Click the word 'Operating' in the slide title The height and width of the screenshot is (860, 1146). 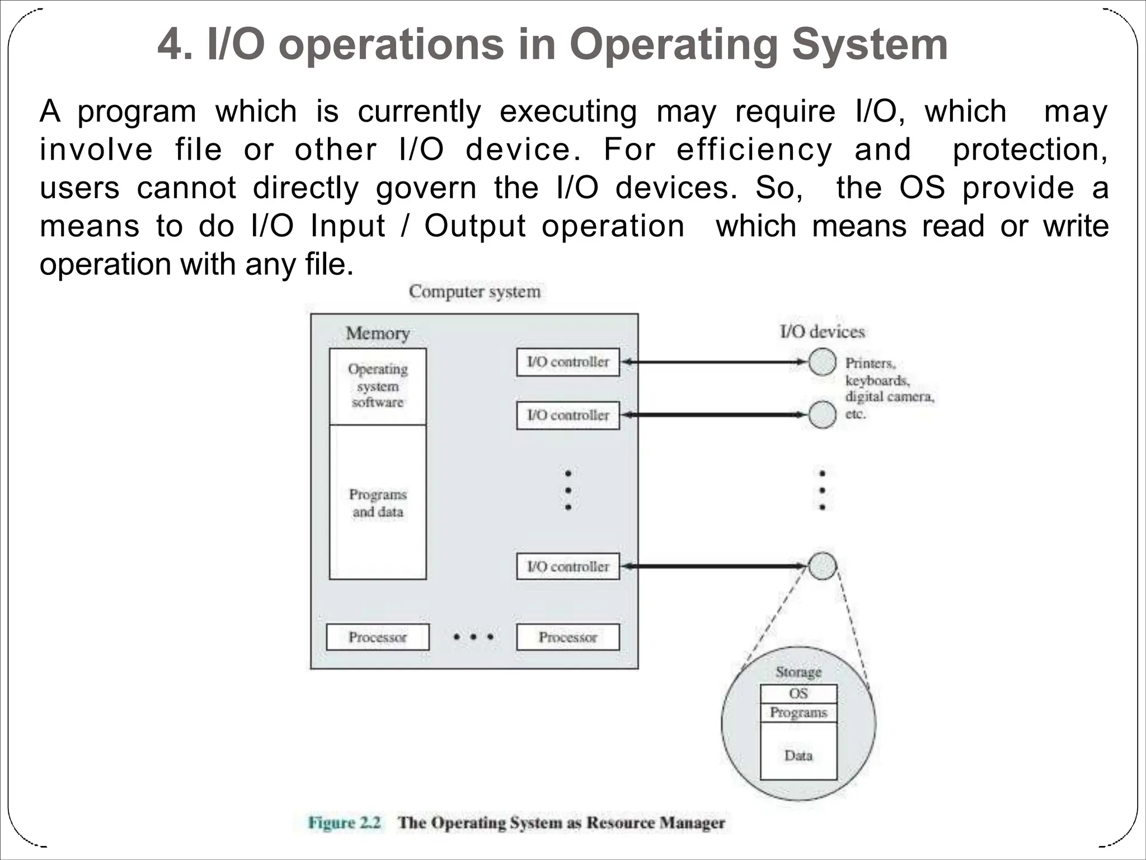(674, 45)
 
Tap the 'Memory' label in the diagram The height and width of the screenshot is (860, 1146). (378, 333)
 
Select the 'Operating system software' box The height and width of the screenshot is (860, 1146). (378, 386)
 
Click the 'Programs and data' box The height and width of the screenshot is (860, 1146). (378, 502)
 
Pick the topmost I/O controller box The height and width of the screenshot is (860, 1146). (568, 362)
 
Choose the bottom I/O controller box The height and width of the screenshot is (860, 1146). (568, 567)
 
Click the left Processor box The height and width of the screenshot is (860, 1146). (378, 637)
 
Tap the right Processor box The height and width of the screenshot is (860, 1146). (568, 637)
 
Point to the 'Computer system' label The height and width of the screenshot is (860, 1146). (475, 292)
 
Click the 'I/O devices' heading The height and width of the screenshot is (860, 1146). (822, 331)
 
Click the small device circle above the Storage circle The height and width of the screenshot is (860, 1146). (822, 566)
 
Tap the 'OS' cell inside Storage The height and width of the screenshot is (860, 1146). (799, 694)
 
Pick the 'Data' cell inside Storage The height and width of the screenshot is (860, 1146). (799, 755)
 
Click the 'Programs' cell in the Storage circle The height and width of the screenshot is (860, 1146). (799, 712)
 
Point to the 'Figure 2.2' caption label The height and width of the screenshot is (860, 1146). (344, 823)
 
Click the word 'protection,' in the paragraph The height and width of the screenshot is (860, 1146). (1030, 150)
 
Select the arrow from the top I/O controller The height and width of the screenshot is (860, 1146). (714, 362)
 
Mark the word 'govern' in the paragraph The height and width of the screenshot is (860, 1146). (426, 188)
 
